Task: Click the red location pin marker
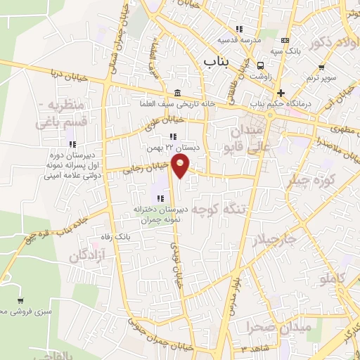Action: (x=181, y=167)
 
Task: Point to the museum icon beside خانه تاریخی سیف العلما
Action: (x=175, y=94)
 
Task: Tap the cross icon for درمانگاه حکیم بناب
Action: (x=281, y=93)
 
